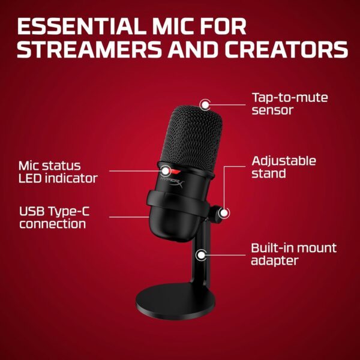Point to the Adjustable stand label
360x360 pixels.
(x=284, y=167)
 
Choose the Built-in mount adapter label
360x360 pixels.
(x=293, y=254)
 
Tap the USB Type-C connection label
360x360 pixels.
(x=52, y=217)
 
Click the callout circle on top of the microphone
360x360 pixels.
(x=205, y=104)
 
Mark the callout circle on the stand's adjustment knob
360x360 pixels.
(x=224, y=212)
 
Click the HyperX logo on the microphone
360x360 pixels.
(x=173, y=179)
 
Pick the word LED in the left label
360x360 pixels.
(x=31, y=178)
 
